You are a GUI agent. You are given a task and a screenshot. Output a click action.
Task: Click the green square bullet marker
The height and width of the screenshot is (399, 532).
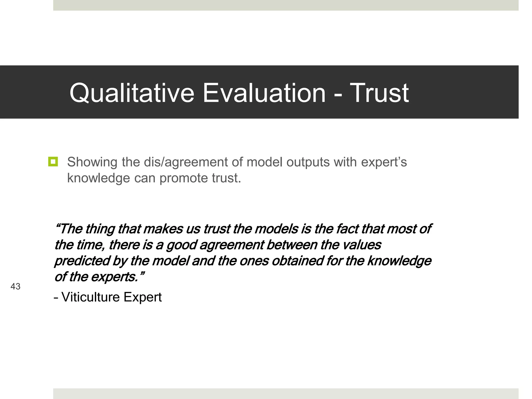pos(53,162)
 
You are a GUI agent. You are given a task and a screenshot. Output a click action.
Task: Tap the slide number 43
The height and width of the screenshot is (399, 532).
pos(15,287)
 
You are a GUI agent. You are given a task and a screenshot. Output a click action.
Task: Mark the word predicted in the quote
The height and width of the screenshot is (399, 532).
pos(82,261)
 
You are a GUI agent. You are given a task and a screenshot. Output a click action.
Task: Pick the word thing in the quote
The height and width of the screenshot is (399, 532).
pos(100,229)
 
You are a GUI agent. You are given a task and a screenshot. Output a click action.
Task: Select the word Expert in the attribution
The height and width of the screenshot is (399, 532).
pos(142,297)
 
